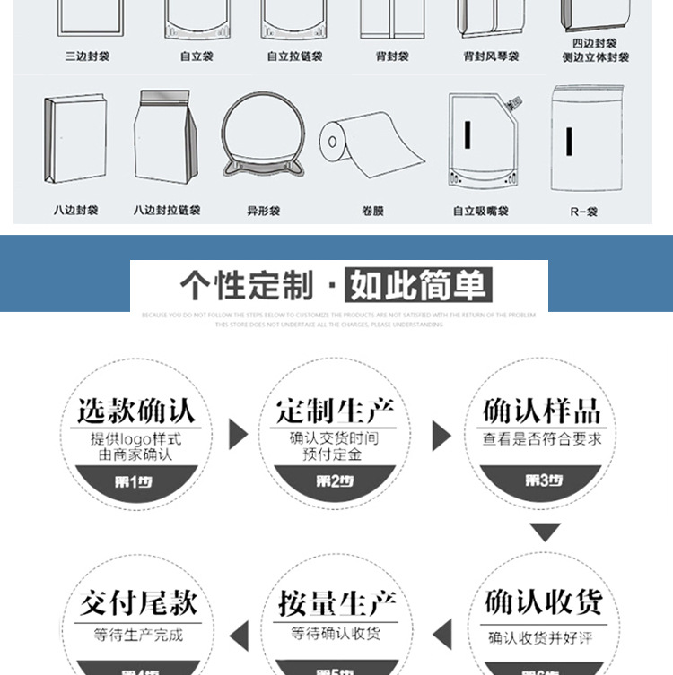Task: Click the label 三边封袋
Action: click(87, 56)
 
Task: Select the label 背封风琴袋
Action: click(491, 56)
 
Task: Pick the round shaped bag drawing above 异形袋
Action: click(257, 138)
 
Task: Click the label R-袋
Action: click(583, 212)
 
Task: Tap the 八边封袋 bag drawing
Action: click(75, 139)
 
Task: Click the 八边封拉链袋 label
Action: click(167, 211)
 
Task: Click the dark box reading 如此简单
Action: click(419, 286)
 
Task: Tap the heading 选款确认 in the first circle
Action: click(135, 411)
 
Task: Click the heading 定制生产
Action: click(336, 411)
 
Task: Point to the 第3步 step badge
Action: click(543, 481)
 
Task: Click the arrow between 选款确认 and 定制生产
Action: click(238, 434)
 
